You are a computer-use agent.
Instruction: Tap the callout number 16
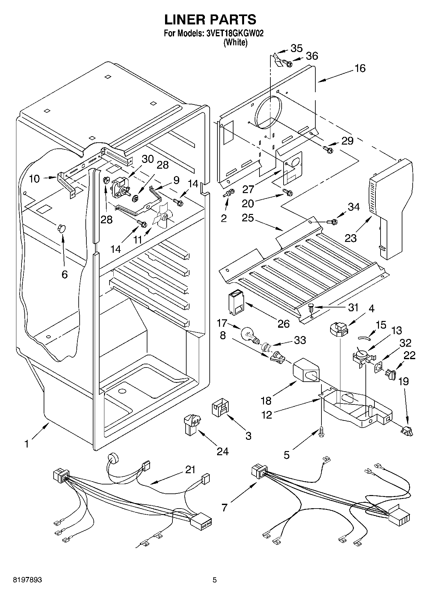click(x=360, y=68)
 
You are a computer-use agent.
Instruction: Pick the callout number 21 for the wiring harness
click(x=190, y=470)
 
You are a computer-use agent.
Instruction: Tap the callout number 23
click(x=351, y=238)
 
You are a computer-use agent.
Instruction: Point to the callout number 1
click(x=27, y=444)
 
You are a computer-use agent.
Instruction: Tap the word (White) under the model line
click(x=235, y=42)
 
